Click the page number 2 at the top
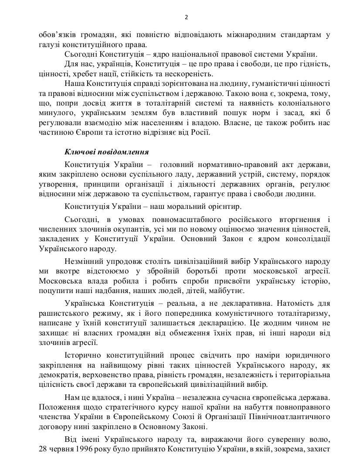point(186,17)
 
